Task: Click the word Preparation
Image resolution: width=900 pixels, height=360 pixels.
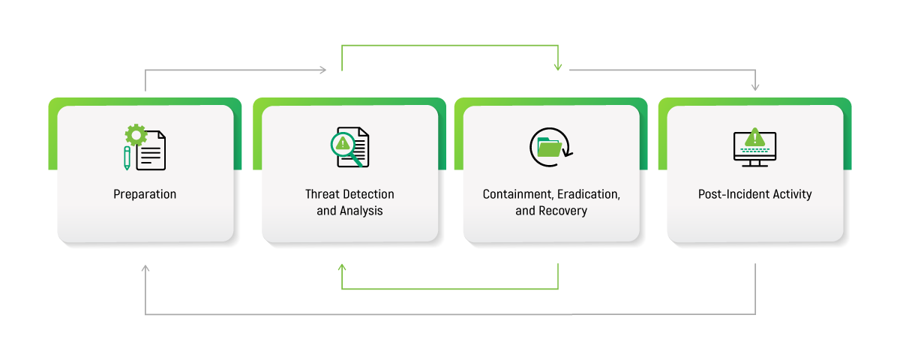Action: (x=145, y=194)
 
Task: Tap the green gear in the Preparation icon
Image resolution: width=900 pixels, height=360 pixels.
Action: (x=136, y=135)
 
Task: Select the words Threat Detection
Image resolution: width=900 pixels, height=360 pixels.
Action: (x=349, y=194)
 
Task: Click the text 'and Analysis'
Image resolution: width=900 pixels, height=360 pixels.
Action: (x=349, y=211)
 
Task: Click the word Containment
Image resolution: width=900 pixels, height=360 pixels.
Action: (x=516, y=194)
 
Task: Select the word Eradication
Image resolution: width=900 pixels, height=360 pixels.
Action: (x=586, y=194)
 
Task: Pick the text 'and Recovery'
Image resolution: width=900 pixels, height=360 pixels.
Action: (x=551, y=211)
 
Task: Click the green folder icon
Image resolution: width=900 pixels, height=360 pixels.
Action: (x=550, y=147)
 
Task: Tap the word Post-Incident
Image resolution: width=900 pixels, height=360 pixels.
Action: (x=730, y=194)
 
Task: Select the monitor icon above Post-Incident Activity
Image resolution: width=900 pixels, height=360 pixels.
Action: (x=754, y=148)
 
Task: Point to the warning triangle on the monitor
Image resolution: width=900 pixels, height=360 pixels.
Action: (x=754, y=137)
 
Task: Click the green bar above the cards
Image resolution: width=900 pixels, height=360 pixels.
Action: (x=450, y=56)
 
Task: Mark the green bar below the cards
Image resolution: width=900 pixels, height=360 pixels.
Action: (x=448, y=300)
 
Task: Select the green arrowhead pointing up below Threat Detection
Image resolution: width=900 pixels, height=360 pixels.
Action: (x=342, y=268)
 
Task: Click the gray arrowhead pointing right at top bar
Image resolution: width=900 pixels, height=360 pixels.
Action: (x=323, y=70)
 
